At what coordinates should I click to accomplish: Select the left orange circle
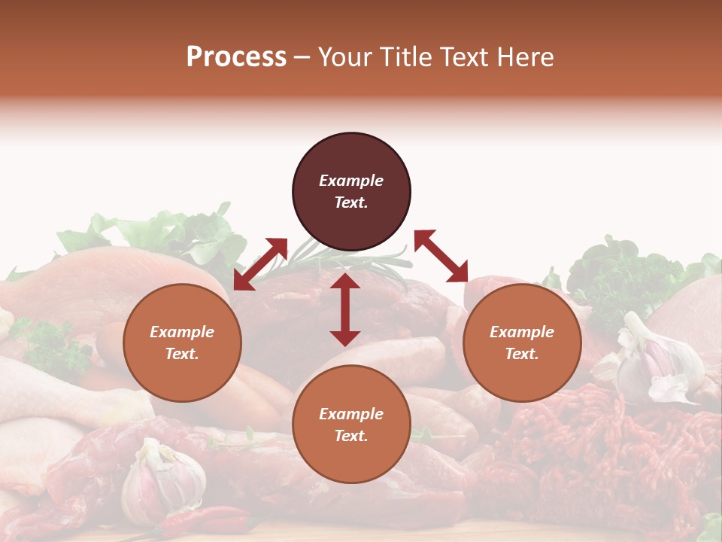click(182, 343)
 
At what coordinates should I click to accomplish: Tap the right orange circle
click(522, 343)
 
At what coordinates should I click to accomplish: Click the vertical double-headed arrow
click(345, 309)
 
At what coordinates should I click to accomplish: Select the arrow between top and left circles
click(261, 263)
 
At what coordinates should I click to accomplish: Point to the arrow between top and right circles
click(441, 256)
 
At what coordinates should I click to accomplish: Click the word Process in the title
click(236, 56)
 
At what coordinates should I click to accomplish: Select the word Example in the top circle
click(351, 181)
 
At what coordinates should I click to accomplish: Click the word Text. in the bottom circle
click(351, 436)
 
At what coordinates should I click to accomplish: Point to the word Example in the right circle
click(522, 332)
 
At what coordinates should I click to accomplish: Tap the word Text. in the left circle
click(182, 354)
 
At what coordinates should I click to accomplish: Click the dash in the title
click(302, 57)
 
